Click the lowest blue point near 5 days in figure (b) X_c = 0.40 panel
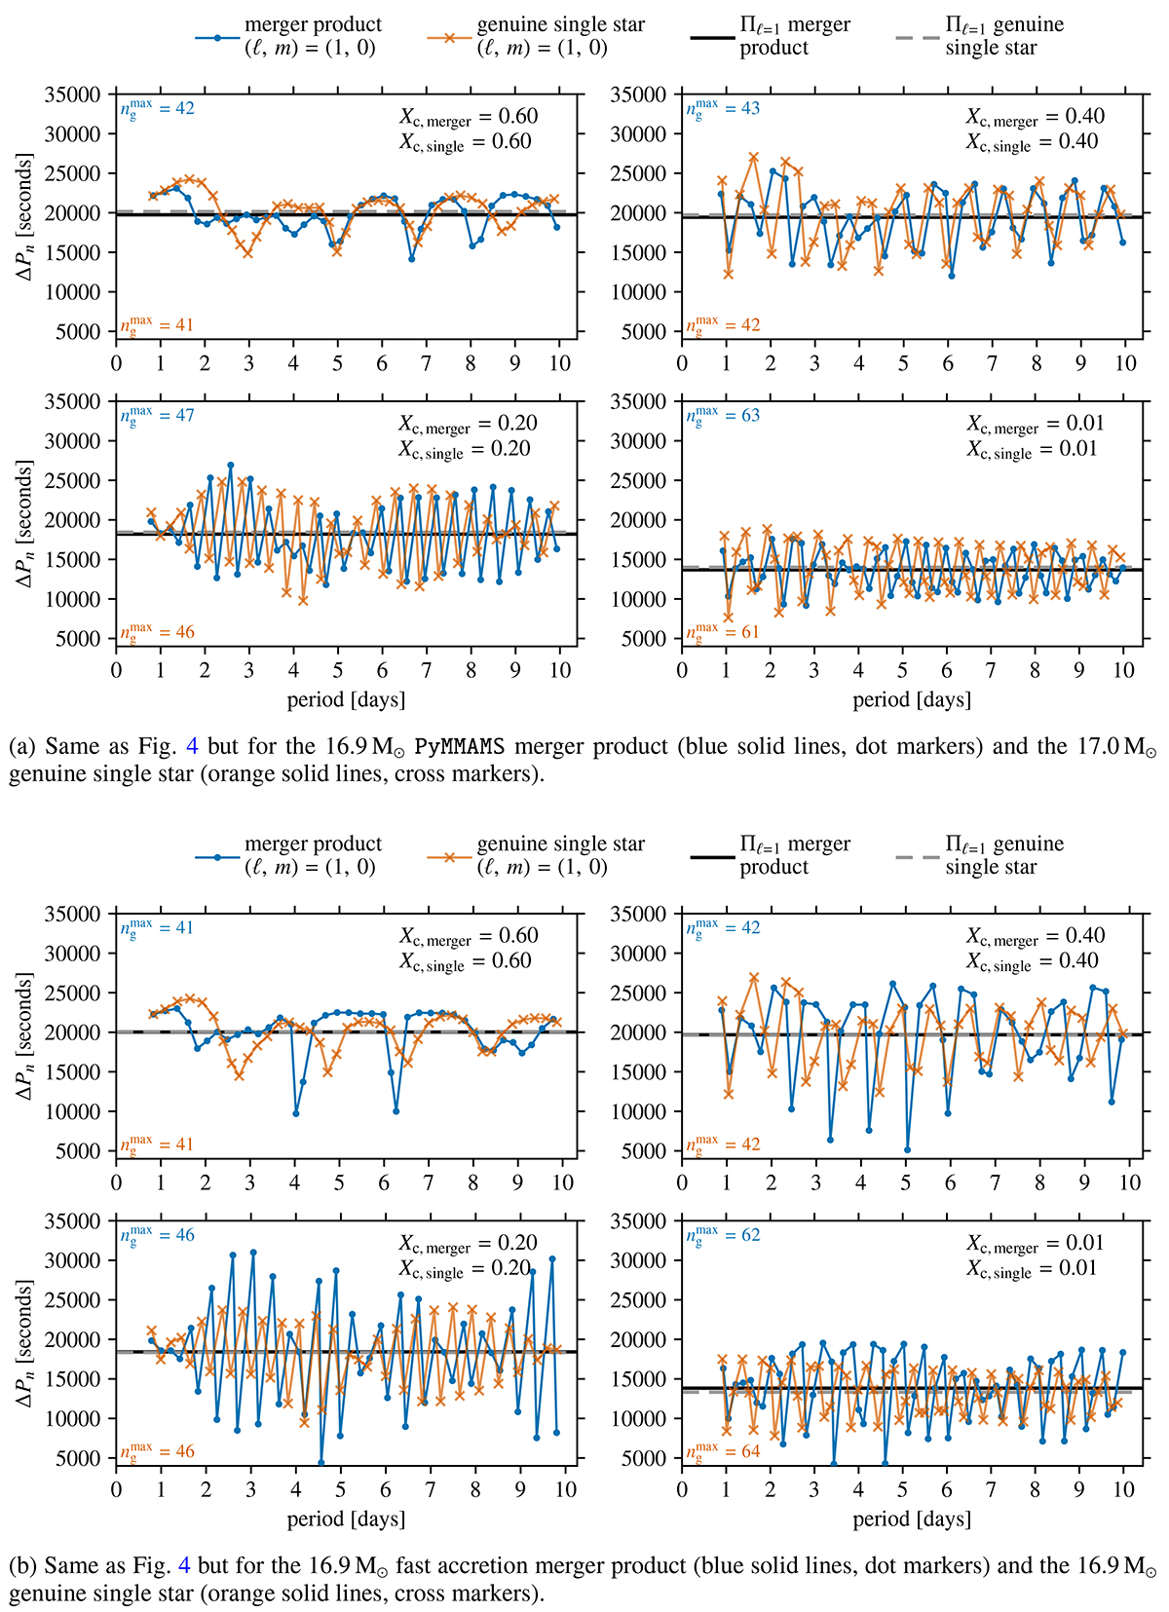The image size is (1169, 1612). pyautogui.click(x=907, y=1150)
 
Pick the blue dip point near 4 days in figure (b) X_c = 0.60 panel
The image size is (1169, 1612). pyautogui.click(x=296, y=1113)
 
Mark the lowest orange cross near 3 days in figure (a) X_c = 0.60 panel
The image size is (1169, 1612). pyautogui.click(x=247, y=253)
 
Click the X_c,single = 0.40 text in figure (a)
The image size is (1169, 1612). pyautogui.click(x=1032, y=142)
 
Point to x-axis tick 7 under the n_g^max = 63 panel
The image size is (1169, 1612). pyautogui.click(x=991, y=671)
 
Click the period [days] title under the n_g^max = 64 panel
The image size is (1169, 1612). pyautogui.click(x=912, y=1518)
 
